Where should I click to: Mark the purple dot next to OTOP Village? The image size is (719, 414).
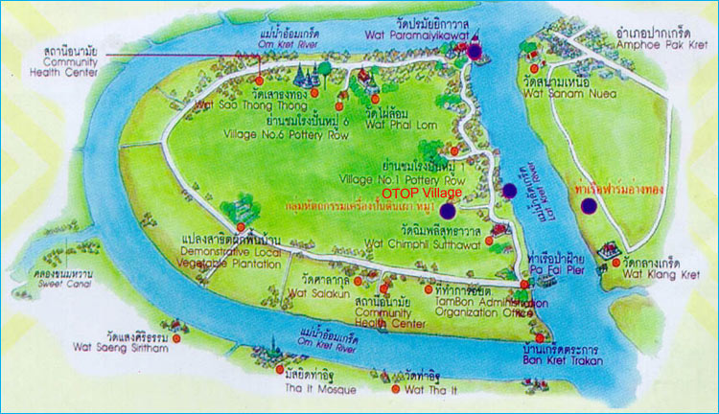[448, 210]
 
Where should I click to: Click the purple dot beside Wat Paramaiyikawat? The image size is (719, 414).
[475, 51]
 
